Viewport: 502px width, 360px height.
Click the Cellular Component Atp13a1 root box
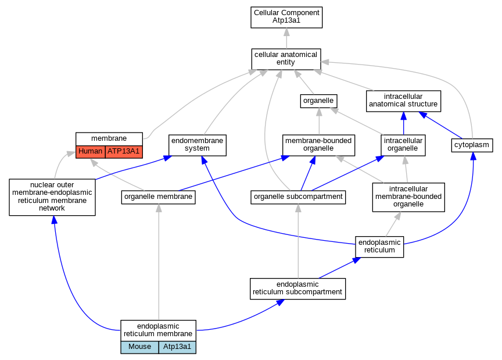coord(286,17)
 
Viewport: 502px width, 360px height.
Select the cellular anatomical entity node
coord(286,59)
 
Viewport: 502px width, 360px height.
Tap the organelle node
coord(318,101)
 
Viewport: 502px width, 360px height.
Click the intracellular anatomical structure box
coord(403,101)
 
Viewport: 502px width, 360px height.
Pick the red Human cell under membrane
coord(90,152)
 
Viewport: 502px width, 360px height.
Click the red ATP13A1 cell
coord(124,152)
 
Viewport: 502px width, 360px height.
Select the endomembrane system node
coord(197,145)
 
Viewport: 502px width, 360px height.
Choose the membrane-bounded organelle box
coord(318,145)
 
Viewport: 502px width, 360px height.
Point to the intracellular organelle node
coord(403,145)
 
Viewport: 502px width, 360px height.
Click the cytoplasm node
coord(472,145)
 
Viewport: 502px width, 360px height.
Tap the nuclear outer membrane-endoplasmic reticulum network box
coord(52,197)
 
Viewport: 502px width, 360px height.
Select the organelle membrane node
coord(158,197)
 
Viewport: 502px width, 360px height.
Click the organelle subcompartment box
coord(298,197)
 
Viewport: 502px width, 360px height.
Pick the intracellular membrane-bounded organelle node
coord(408,197)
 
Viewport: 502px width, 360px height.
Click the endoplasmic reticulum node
coord(379,247)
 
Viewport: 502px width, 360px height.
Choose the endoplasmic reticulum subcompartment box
coord(297,289)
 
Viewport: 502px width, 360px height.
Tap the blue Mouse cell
coord(139,347)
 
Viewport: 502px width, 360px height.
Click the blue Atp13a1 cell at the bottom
coord(177,347)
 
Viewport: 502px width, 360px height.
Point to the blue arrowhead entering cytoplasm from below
coord(473,156)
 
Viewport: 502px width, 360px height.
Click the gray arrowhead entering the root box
coord(286,32)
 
